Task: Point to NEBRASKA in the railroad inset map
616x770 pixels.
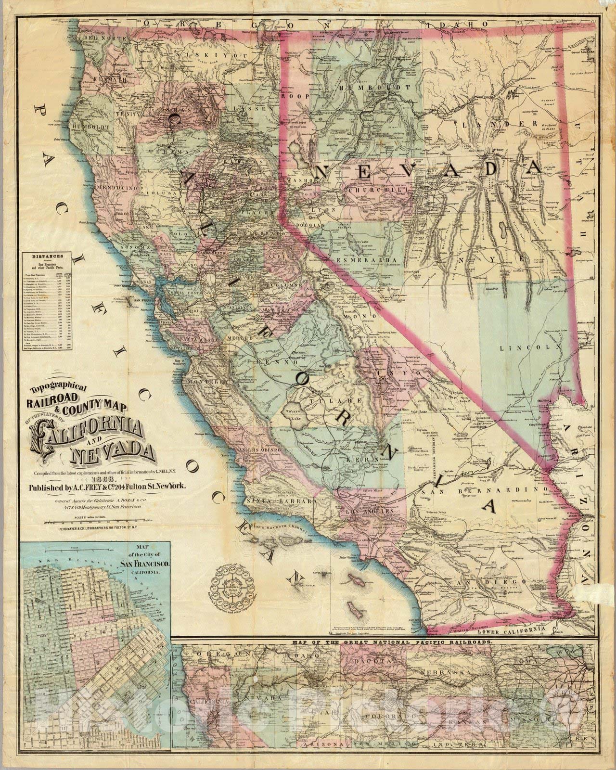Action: tap(440, 671)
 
